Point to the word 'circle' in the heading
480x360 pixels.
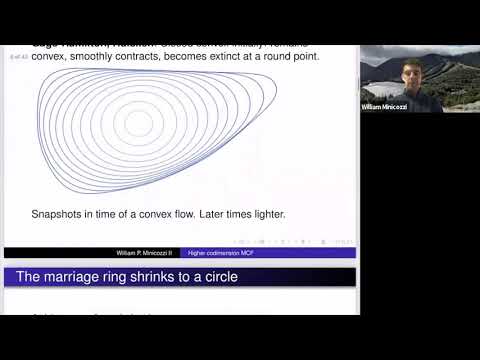pos(218,276)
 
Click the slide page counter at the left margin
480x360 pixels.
pos(17,58)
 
